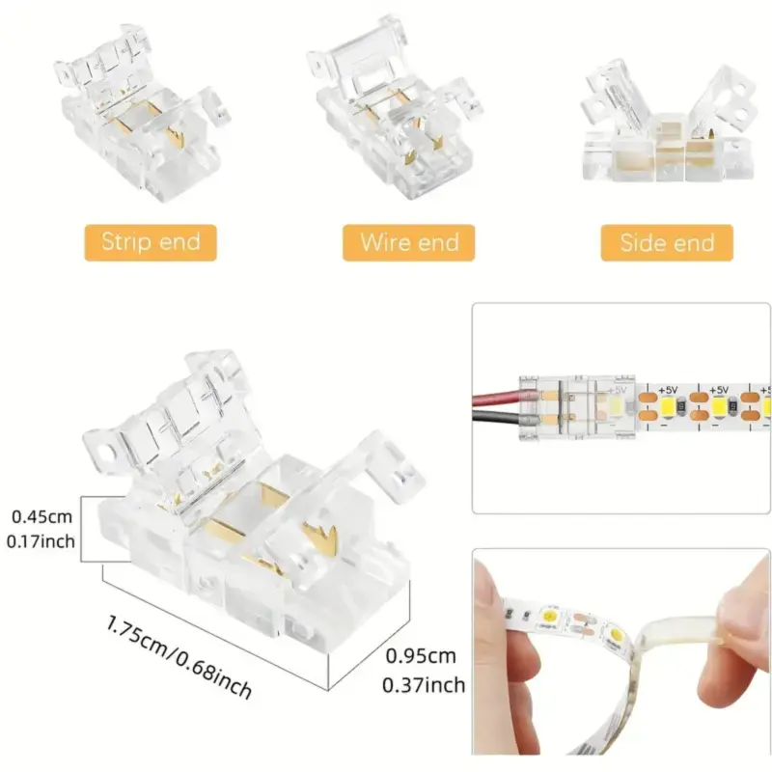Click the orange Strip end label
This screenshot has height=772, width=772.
coord(151,243)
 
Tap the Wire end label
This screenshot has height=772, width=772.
coord(408,243)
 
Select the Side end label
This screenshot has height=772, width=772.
coord(667,243)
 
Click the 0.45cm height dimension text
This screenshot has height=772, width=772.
coord(41,517)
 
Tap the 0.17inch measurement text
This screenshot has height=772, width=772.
coord(41,541)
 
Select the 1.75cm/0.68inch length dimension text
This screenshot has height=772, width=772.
coord(179,656)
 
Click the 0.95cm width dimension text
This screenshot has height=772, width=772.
coord(421,656)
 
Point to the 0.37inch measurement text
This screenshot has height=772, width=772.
coord(424,685)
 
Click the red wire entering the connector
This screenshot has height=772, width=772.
coord(498,397)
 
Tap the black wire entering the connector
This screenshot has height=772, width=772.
coord(497,418)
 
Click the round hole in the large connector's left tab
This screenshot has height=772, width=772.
coord(104,452)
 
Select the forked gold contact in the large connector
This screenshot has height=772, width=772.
coord(319,538)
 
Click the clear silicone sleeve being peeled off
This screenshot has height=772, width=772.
coord(679,635)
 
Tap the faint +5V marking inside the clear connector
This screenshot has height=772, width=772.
coord(618,390)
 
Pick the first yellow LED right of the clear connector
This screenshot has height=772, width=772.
coord(669,406)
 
